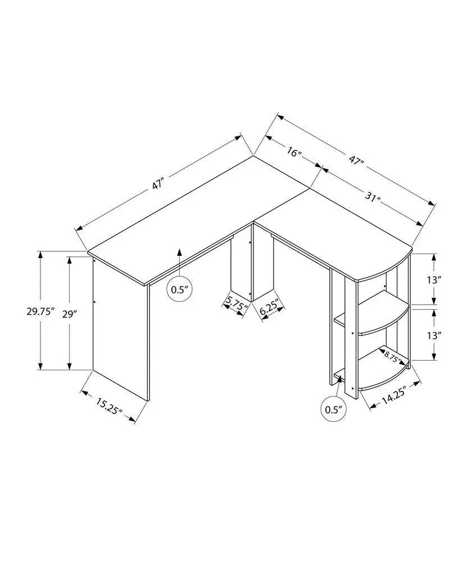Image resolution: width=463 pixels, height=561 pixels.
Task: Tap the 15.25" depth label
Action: tap(109, 406)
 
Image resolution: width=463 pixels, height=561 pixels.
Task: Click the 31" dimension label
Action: tap(370, 197)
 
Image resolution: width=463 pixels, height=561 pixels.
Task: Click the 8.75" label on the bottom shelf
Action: tap(392, 355)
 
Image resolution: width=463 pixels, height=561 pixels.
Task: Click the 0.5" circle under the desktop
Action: tap(179, 289)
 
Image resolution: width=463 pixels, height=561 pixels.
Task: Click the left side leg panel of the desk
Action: tap(121, 331)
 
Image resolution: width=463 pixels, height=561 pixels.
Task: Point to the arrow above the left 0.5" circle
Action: tap(179, 261)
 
